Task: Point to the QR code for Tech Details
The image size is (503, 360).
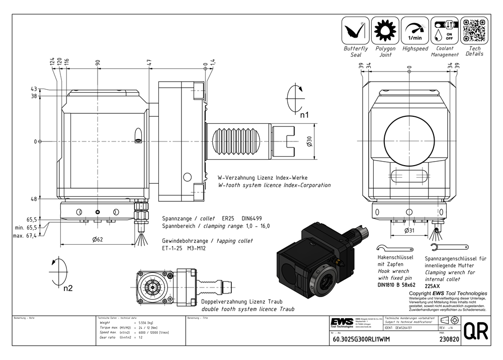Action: pos(474,30)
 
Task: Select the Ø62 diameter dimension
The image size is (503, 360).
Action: pos(98,239)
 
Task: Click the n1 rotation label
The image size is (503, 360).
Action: pos(304,115)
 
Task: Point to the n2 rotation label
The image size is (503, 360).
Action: pos(68,289)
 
